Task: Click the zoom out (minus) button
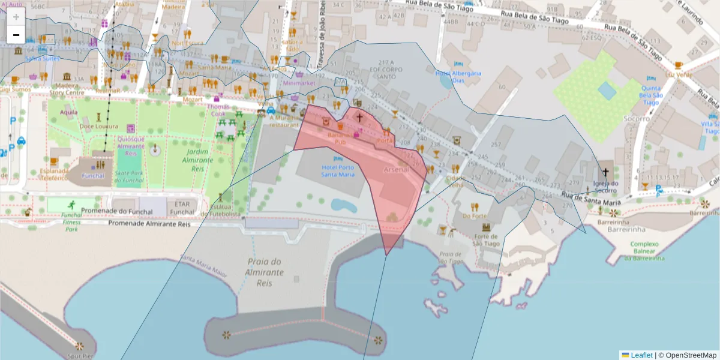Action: pos(16,35)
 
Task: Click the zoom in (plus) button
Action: pos(16,17)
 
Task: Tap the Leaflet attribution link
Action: pos(641,355)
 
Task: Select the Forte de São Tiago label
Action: pos(486,239)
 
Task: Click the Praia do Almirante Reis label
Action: pos(263,272)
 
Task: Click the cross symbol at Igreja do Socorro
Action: pos(605,172)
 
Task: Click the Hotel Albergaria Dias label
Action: pos(458,77)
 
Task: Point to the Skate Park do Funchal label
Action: pos(130,176)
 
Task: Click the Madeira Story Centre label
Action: pos(67,89)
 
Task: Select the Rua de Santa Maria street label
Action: pos(591,199)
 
